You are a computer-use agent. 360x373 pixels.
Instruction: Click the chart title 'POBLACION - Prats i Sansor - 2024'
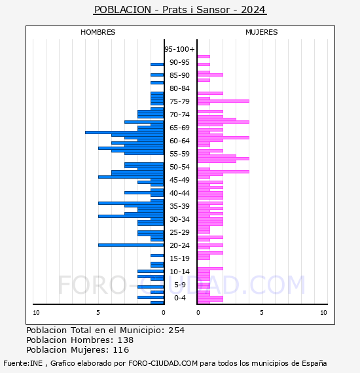(x=180, y=10)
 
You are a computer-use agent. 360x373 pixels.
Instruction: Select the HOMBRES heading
(x=98, y=32)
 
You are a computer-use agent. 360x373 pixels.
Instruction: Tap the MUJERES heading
(x=262, y=32)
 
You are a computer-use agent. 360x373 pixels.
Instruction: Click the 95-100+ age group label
(x=179, y=49)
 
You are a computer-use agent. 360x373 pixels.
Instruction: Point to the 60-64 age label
(x=179, y=141)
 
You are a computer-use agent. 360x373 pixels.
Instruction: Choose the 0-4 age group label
(x=179, y=298)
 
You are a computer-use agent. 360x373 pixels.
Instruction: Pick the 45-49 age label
(x=179, y=180)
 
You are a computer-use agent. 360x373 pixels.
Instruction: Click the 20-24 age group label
(x=179, y=245)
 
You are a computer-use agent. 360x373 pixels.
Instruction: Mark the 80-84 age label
(x=179, y=88)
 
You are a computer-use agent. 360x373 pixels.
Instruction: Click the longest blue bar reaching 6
(x=124, y=132)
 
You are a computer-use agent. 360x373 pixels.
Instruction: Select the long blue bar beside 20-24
(x=131, y=245)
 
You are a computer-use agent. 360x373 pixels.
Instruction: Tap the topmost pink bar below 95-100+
(x=204, y=57)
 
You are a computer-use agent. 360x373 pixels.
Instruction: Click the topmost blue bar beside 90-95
(x=157, y=65)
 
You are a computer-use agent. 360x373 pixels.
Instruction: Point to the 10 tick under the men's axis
(x=36, y=313)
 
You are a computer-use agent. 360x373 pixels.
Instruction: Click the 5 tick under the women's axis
(x=262, y=313)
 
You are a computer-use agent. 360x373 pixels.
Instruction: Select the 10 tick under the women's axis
(x=323, y=313)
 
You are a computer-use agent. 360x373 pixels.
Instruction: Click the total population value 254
(x=176, y=330)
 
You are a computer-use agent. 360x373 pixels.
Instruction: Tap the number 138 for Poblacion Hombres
(x=126, y=340)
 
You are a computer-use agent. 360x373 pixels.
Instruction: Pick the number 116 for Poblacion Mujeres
(x=121, y=350)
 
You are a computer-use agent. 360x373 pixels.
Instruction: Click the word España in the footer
(x=314, y=363)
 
